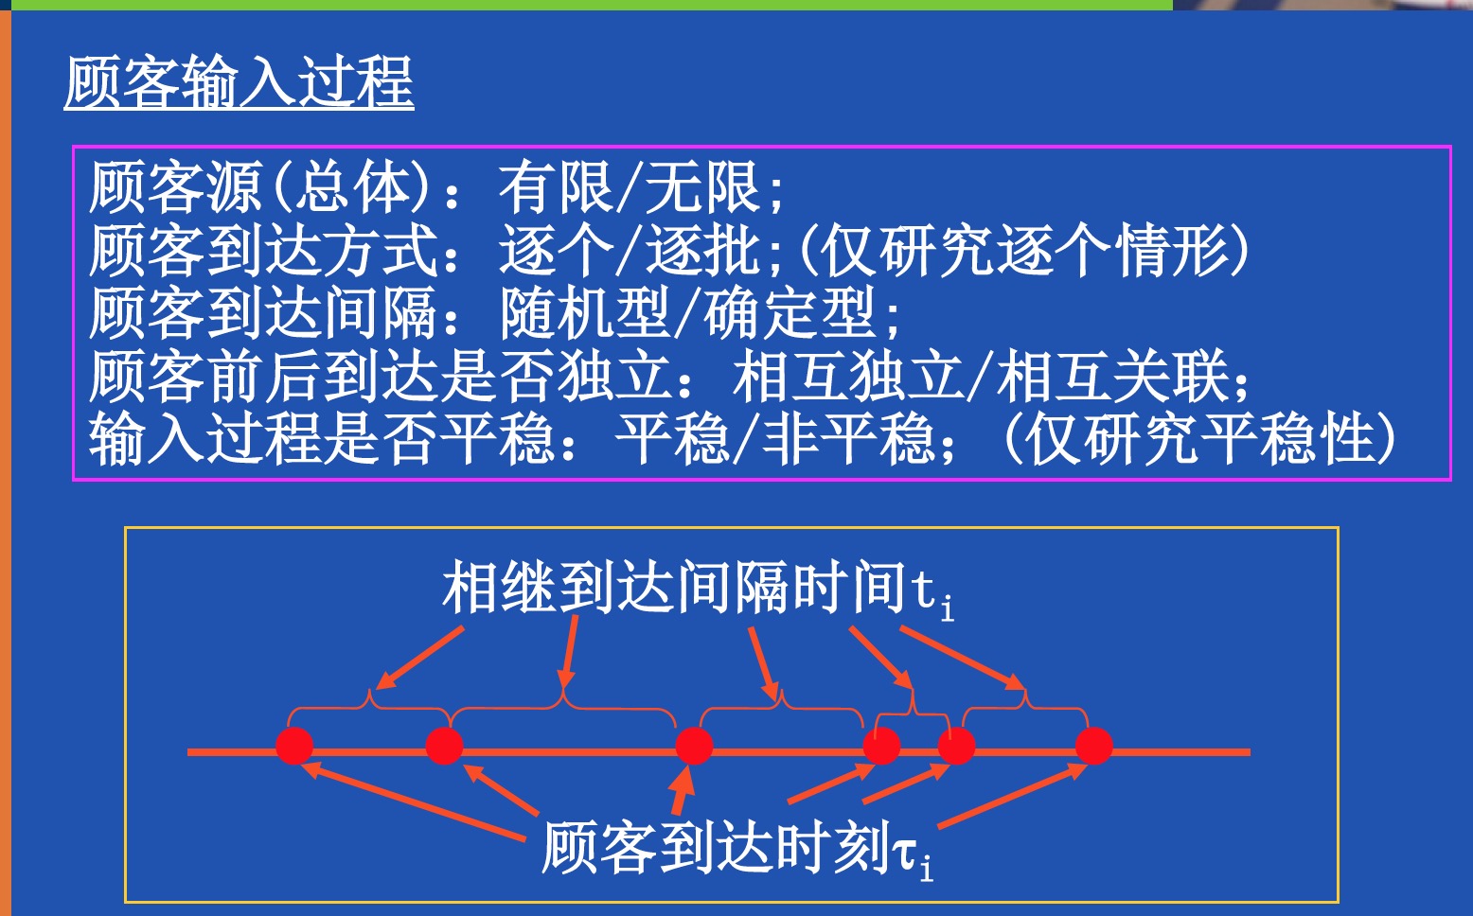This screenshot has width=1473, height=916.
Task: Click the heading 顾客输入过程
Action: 239,83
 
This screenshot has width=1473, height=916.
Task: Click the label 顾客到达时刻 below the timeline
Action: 716,847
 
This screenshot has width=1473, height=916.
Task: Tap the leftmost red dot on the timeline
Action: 294,746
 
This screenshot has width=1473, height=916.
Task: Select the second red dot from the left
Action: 444,746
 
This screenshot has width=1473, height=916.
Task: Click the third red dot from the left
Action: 694,746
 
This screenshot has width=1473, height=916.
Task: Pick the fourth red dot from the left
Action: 881,746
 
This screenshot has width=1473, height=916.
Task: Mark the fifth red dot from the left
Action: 956,746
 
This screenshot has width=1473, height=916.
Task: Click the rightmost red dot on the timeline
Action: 1094,746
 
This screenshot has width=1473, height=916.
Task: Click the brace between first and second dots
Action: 368,704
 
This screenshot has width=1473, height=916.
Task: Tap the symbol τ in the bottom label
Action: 904,852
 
